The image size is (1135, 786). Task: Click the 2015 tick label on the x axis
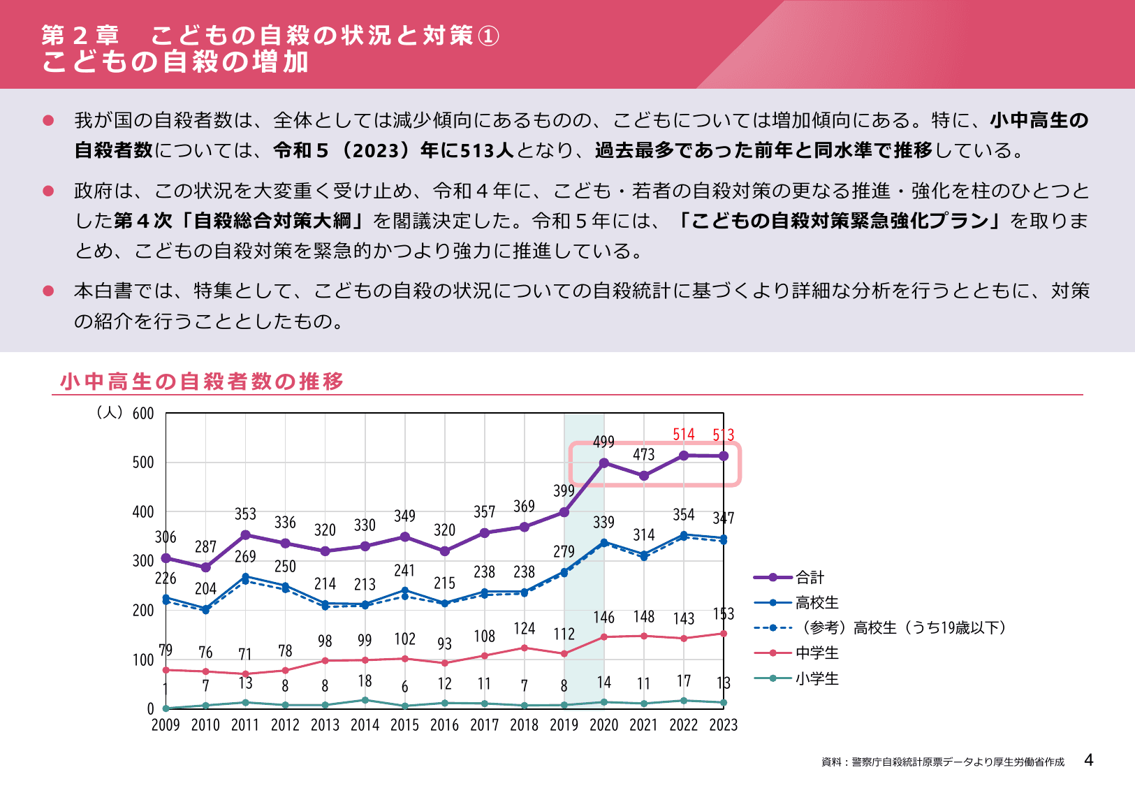(404, 725)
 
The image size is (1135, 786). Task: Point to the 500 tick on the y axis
(143, 463)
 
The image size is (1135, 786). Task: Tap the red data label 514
(684, 435)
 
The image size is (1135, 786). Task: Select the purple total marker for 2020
(604, 463)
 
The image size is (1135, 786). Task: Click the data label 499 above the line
(603, 442)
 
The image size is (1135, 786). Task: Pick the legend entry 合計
(810, 577)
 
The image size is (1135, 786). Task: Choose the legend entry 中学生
(817, 653)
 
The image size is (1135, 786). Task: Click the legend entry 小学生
(817, 678)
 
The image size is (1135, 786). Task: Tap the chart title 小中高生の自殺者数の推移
(202, 381)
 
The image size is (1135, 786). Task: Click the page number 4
(1088, 760)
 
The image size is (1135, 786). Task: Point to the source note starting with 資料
(942, 762)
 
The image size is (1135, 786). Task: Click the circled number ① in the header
(488, 36)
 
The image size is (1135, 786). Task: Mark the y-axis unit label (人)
(110, 413)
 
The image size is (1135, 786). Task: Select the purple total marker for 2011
(245, 535)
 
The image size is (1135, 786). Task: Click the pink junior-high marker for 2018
(525, 648)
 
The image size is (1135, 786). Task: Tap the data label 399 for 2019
(564, 490)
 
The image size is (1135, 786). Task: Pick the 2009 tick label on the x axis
(166, 725)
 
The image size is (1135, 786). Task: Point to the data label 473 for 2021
(643, 455)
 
